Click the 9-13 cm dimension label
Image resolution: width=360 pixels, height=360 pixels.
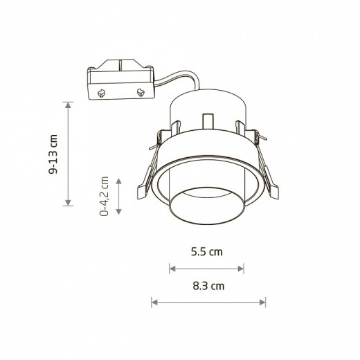[x=53, y=154]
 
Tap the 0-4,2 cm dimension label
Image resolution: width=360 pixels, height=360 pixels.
[x=104, y=197]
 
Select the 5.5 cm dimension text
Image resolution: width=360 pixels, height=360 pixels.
[x=207, y=252]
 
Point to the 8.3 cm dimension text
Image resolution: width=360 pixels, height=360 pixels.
[x=208, y=286]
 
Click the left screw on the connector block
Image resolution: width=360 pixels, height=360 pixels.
[x=101, y=93]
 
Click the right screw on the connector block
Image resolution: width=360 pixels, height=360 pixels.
[x=141, y=92]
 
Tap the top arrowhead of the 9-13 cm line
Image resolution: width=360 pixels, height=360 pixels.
[x=68, y=105]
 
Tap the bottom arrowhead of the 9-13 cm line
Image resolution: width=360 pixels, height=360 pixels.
[x=68, y=203]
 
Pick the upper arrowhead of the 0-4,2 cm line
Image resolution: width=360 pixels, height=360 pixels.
[x=118, y=181]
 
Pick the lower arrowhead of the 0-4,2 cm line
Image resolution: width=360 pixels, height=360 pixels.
[x=118, y=212]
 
